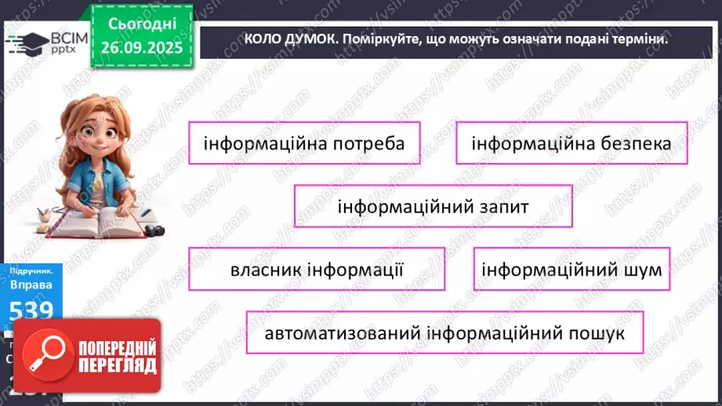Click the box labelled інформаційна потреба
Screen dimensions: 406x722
[x=304, y=143]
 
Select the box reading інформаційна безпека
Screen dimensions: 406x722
[x=571, y=143]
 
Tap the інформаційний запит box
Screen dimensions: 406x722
[x=433, y=207]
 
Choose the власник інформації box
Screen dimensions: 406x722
[x=317, y=270]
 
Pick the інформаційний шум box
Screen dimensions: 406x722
[x=572, y=270]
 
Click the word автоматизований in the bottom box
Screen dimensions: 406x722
[x=343, y=333]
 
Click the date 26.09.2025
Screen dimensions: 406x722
[x=141, y=47]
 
